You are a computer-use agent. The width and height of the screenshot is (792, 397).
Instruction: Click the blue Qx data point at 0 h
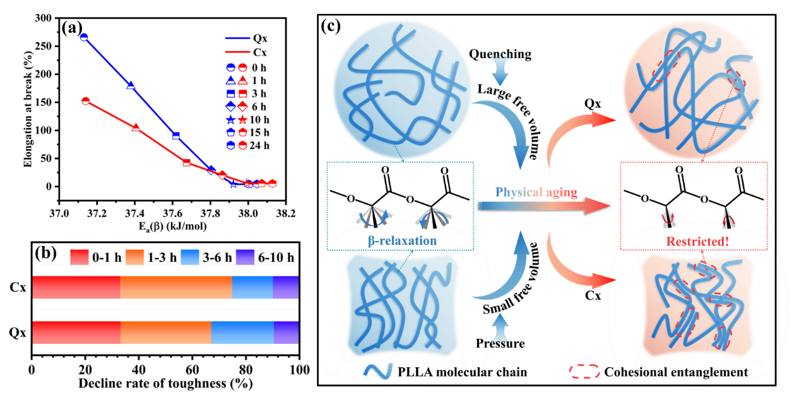(x=84, y=37)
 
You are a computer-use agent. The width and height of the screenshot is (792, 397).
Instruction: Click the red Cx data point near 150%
(x=86, y=101)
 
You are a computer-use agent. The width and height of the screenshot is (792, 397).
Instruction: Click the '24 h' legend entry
(x=258, y=146)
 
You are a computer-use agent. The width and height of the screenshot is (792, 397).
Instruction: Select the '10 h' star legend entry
(x=258, y=119)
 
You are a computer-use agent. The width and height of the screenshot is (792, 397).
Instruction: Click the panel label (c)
(x=333, y=26)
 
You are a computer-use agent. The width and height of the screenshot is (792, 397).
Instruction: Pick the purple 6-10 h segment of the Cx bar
(x=286, y=287)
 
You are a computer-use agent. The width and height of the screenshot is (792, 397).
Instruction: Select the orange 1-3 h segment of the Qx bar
(x=166, y=332)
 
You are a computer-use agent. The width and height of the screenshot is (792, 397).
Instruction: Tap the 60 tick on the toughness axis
(x=192, y=369)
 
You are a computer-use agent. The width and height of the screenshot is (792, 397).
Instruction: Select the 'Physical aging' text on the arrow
(x=536, y=193)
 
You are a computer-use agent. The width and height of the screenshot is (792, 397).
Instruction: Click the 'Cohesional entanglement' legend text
(x=676, y=372)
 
